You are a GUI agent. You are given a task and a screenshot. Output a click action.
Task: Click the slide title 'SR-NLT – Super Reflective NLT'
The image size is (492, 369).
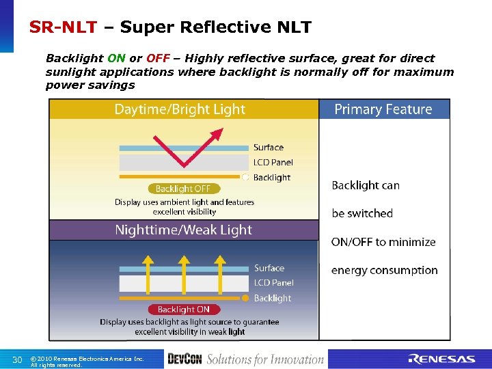(x=170, y=27)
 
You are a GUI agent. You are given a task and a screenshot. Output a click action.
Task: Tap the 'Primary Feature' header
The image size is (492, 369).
(x=383, y=109)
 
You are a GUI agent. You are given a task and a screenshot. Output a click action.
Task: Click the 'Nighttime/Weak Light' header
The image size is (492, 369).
(x=183, y=230)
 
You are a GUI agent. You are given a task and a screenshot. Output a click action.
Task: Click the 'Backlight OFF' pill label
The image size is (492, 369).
(x=182, y=189)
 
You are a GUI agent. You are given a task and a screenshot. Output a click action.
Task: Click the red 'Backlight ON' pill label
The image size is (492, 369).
(x=184, y=310)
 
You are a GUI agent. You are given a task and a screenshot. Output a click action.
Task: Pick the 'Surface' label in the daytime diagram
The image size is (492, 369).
(x=268, y=148)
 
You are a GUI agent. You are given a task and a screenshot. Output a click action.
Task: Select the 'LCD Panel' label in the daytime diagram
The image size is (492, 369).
(x=273, y=163)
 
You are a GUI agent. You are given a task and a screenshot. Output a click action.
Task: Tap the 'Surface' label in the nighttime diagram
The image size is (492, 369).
(x=269, y=269)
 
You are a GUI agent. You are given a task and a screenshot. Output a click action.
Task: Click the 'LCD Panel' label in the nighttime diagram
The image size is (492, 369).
(x=273, y=283)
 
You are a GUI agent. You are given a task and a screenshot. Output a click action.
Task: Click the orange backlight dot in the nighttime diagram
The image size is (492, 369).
(x=245, y=298)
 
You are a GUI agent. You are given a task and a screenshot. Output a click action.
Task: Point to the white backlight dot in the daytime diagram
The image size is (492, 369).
(x=245, y=177)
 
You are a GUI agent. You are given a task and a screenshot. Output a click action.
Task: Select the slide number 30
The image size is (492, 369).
(x=18, y=359)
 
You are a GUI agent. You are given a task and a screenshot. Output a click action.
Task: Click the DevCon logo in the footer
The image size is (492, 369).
(x=184, y=359)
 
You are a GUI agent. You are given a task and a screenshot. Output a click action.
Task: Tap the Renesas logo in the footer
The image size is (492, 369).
(x=441, y=359)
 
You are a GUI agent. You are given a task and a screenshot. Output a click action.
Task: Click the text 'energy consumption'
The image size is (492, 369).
(x=384, y=271)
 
